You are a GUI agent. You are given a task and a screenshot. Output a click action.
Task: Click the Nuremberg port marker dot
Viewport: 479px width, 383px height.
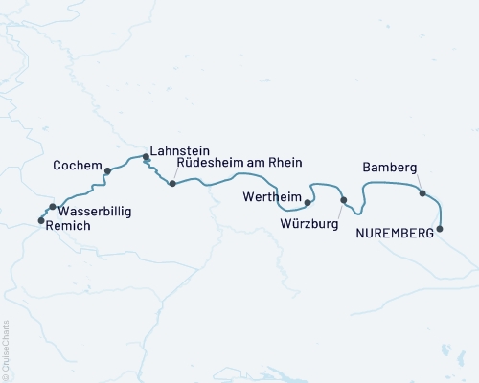point(440,229)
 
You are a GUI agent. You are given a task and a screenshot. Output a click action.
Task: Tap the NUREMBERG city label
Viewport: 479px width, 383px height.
point(393,233)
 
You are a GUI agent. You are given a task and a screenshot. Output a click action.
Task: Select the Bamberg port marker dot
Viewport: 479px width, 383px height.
point(422,193)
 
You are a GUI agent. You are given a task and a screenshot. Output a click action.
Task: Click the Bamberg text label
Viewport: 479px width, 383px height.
point(389,169)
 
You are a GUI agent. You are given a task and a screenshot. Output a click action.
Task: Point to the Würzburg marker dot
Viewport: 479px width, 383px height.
point(343,200)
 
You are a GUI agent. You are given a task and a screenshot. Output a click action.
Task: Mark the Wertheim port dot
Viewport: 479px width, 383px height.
point(308,203)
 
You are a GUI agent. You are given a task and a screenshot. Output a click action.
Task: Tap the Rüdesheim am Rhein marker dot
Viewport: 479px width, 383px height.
point(171,183)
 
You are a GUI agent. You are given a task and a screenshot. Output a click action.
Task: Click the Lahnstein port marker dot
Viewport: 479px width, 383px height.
point(146,156)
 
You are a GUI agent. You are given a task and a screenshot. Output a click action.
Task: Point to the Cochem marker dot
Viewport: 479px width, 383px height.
point(107,171)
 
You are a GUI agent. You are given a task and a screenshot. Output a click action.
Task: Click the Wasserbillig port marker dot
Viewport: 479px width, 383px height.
point(52,206)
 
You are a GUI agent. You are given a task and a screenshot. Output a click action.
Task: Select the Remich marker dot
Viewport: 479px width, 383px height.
point(40,220)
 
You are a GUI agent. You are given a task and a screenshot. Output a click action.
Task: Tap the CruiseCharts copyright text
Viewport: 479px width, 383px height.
point(6,349)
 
